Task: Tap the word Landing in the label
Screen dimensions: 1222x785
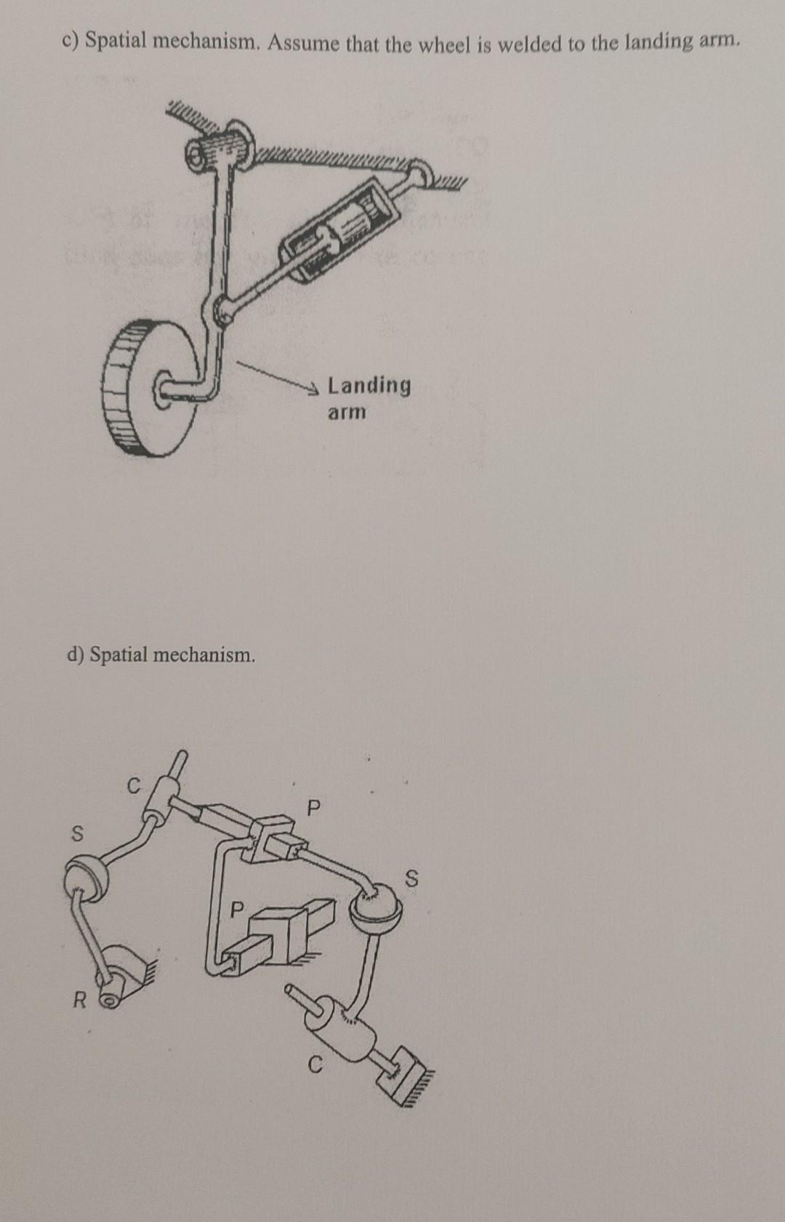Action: click(x=369, y=384)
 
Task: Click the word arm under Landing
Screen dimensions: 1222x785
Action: click(x=347, y=412)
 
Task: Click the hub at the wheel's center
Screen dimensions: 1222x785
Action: click(x=164, y=388)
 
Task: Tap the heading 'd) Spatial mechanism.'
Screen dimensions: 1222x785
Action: click(x=161, y=655)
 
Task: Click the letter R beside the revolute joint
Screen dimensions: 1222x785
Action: click(x=79, y=1001)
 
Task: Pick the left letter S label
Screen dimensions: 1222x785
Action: click(x=75, y=833)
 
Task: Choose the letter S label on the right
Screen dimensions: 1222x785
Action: click(x=411, y=880)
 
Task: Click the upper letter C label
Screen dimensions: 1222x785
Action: click(x=132, y=785)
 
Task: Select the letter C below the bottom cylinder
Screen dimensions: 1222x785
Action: click(x=314, y=1066)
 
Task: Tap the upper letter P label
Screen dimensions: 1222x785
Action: click(x=313, y=807)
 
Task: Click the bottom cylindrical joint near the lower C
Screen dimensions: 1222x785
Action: click(x=339, y=1027)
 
